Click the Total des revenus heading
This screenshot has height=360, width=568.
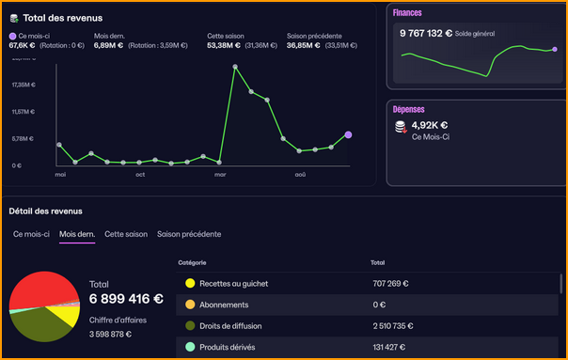point(62,18)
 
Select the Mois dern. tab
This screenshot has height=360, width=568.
point(77,234)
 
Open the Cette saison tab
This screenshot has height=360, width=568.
point(126,234)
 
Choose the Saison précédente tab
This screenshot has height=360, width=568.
point(189,234)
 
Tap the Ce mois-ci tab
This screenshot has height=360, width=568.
point(31,234)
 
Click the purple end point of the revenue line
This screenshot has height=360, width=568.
point(348,135)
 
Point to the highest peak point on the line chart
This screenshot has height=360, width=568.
point(235,67)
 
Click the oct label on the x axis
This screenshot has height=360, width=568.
point(140,175)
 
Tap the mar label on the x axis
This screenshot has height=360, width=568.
point(220,175)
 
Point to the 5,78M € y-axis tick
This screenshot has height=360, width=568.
point(23,139)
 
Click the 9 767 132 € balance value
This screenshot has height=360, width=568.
point(426,33)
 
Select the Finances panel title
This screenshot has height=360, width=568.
point(408,13)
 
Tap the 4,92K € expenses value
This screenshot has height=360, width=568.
point(430,125)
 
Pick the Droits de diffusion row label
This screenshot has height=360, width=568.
point(231,326)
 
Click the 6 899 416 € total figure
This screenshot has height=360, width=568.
point(126,300)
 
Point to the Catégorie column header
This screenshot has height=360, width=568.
point(191,262)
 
